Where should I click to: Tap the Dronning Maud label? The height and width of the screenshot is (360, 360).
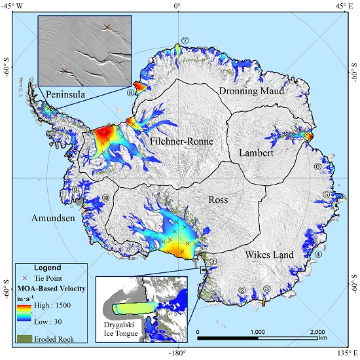click(x=251, y=91)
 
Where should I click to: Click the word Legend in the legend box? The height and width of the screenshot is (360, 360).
click(x=46, y=268)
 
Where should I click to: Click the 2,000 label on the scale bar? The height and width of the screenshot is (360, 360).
click(x=317, y=331)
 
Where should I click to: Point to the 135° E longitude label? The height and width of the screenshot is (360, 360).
click(x=345, y=354)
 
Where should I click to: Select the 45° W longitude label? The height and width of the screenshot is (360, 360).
click(x=13, y=6)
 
